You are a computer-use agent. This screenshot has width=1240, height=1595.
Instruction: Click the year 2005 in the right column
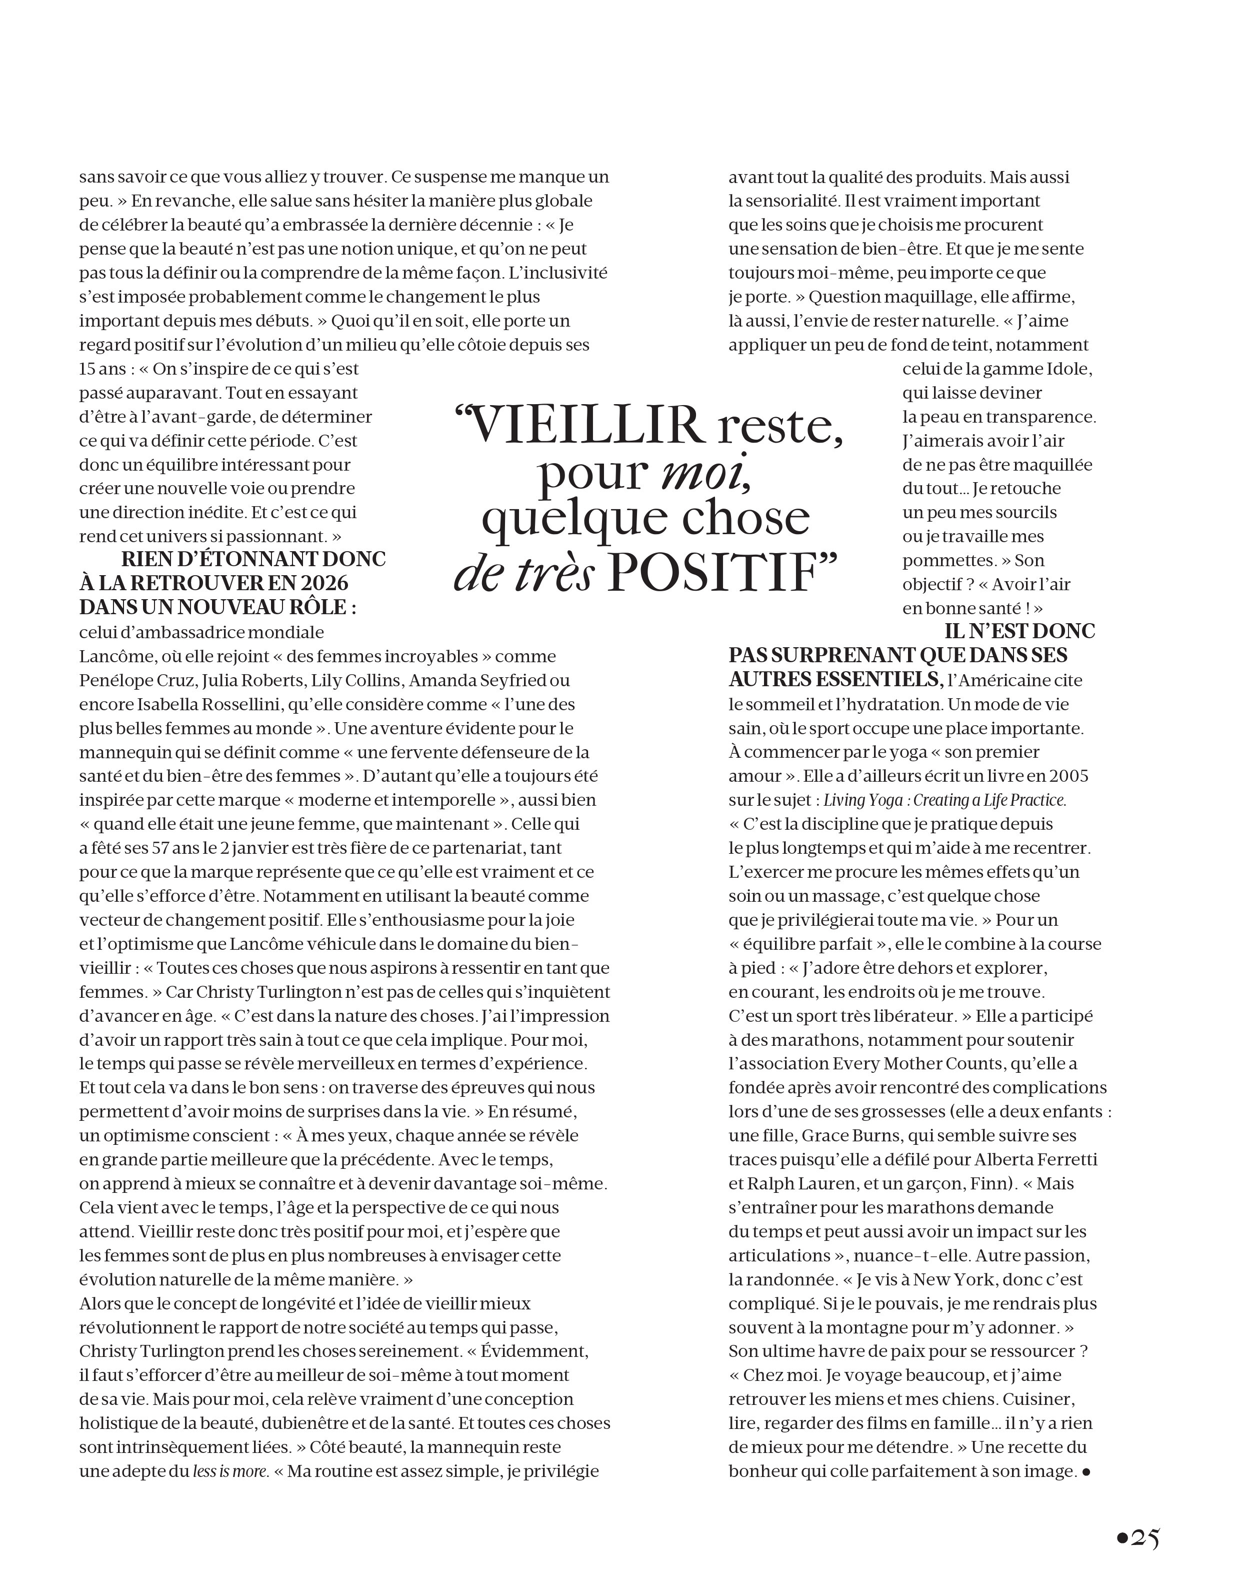(1068, 776)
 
